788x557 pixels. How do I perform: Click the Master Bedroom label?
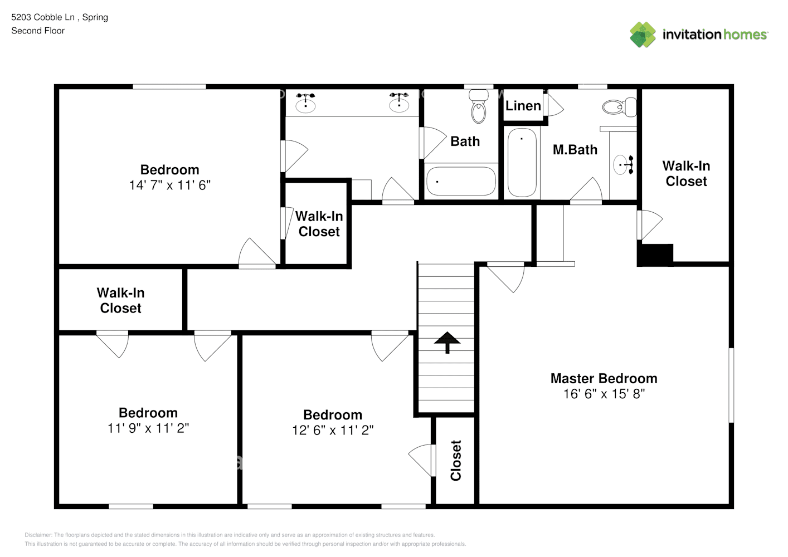coord(604,379)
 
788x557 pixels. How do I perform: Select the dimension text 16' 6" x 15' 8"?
coord(604,394)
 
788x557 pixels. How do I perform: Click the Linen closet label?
coord(523,106)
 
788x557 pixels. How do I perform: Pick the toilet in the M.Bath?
coord(619,106)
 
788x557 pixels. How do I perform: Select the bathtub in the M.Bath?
coord(522,162)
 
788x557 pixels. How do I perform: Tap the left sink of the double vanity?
coord(305,102)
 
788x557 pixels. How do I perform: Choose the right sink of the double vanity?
coord(399,102)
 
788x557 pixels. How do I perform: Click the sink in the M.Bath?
coord(624,165)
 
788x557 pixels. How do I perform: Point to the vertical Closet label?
coord(456,461)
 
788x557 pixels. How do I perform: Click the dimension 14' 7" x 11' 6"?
coord(169,185)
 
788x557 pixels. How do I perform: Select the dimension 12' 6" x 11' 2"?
coord(333,430)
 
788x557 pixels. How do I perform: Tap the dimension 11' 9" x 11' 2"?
coord(148,428)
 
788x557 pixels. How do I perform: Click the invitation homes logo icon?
coord(643,35)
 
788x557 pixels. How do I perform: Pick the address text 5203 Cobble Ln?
coord(43,17)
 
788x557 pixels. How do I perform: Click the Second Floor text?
coord(38,31)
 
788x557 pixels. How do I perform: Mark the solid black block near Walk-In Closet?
coord(655,255)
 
